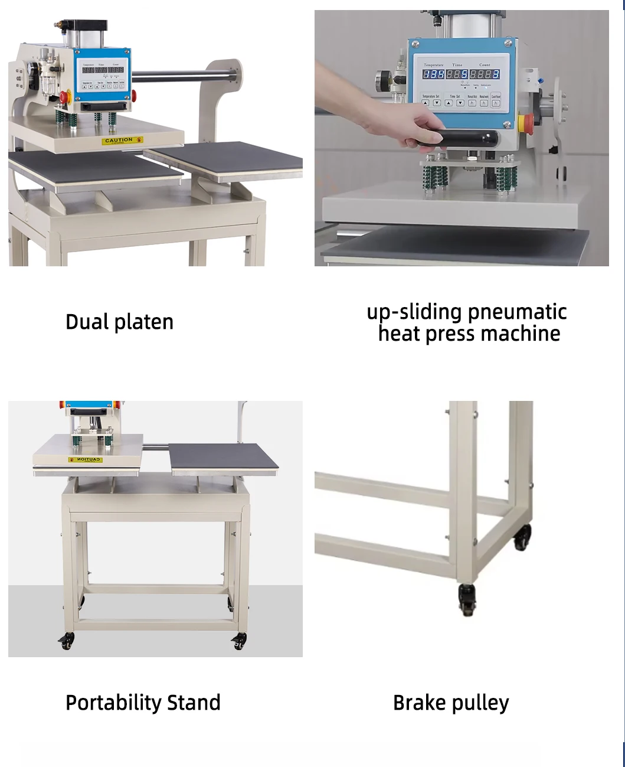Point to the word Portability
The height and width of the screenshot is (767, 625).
[x=113, y=703]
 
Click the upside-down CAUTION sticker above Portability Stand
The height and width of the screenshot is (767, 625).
[x=86, y=459]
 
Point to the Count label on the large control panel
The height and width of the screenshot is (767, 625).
[x=485, y=65]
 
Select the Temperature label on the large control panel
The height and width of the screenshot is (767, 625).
[x=433, y=65]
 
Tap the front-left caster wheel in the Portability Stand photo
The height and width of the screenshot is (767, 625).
[x=67, y=641]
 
